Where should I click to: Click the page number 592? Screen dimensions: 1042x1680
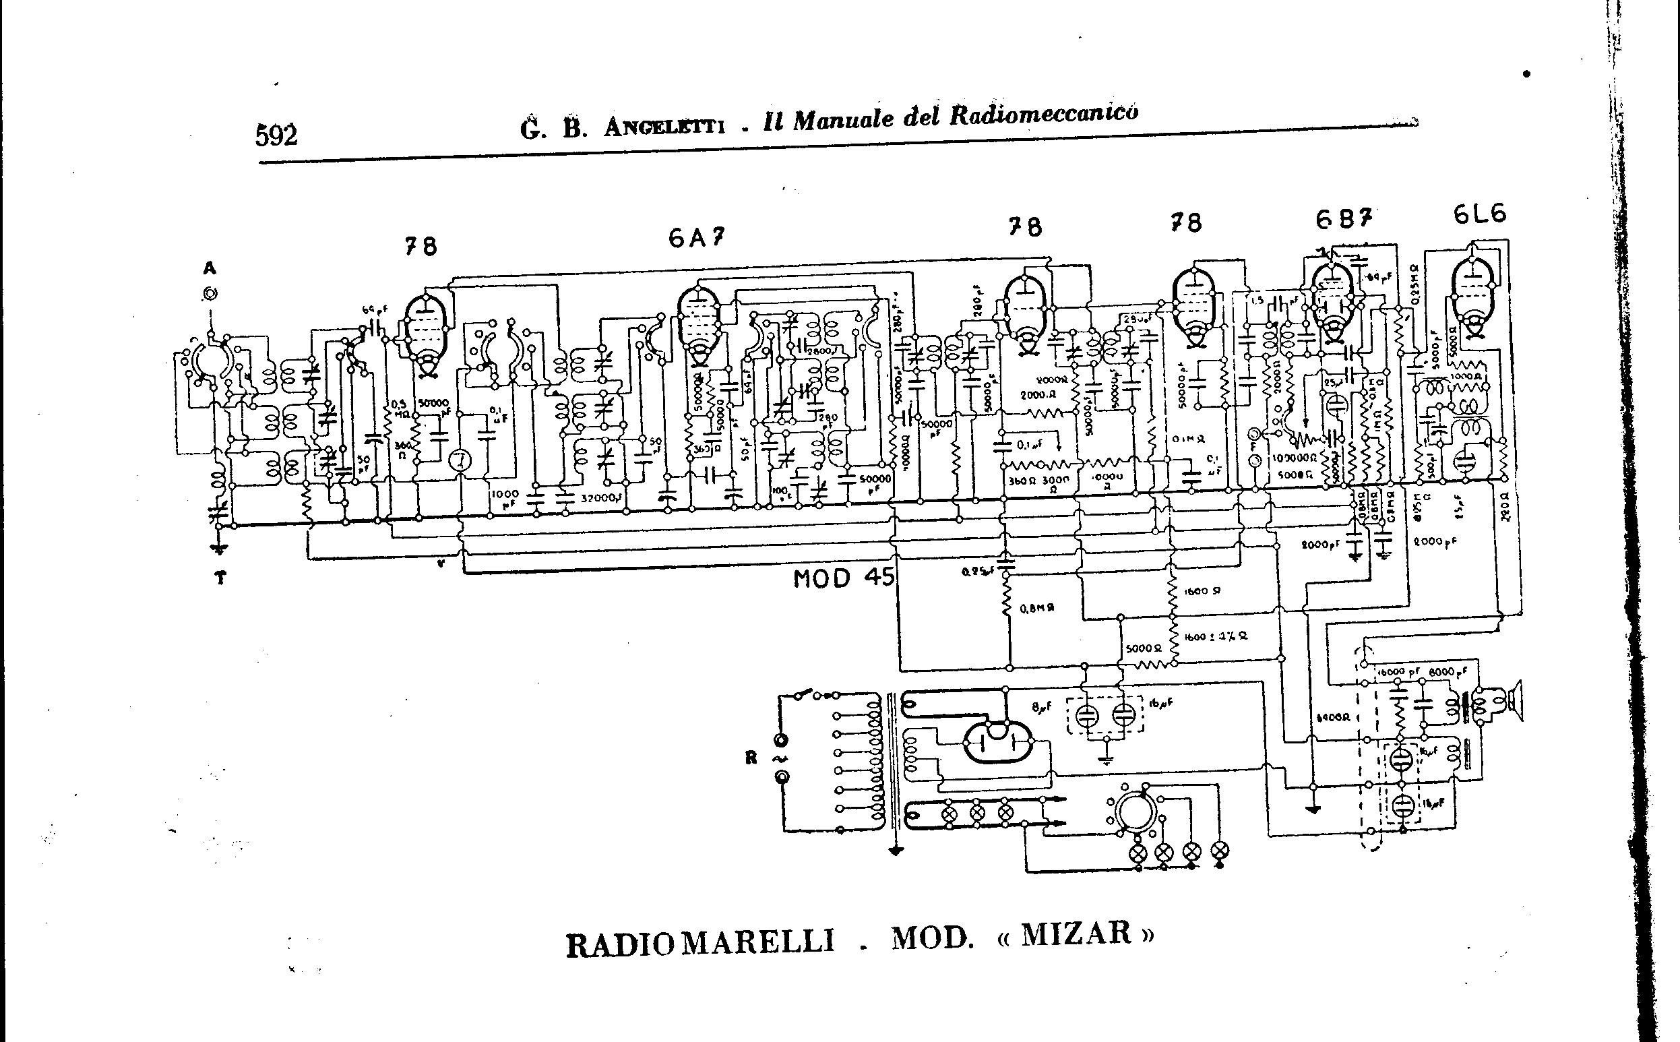point(276,135)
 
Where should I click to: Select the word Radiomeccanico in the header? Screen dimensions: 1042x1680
point(1043,115)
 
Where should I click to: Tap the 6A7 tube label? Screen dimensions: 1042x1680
point(696,238)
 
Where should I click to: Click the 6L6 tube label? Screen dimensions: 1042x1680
point(1479,214)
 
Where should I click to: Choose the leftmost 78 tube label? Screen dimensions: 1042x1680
point(421,246)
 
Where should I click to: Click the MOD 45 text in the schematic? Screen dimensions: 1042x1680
point(844,578)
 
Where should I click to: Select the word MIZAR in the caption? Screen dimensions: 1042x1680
point(1076,933)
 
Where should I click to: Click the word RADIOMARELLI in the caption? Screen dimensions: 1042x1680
point(699,944)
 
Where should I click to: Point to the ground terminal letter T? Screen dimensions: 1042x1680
point(220,578)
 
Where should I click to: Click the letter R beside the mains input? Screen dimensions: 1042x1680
point(751,758)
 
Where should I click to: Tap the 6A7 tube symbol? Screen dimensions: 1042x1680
point(699,324)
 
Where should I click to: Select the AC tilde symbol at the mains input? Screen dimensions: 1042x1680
point(782,759)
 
